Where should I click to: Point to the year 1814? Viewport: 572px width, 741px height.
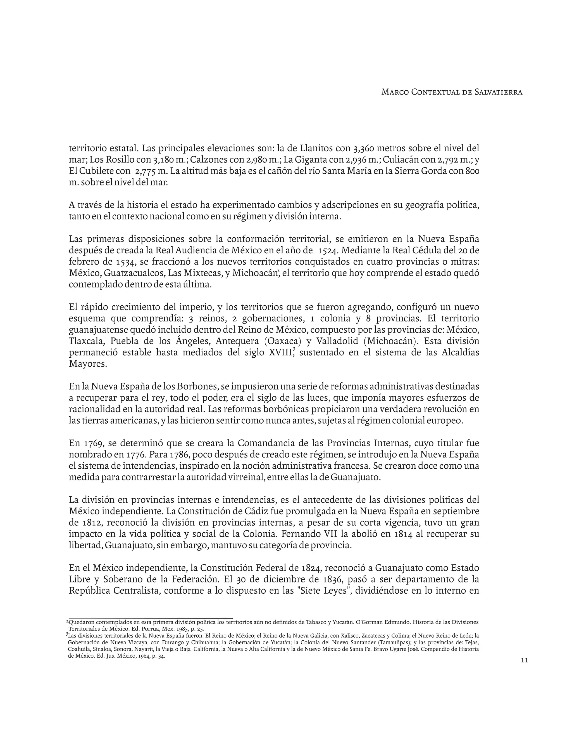coord(403,534)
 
